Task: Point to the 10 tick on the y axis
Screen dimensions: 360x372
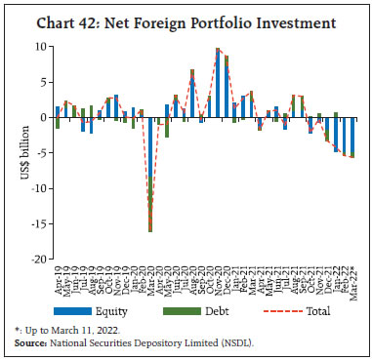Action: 41,47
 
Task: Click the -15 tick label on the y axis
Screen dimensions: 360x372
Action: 39,223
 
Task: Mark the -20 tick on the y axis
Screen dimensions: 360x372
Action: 39,259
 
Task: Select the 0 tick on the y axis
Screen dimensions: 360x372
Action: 44,117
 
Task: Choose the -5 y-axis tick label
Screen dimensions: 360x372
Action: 42,153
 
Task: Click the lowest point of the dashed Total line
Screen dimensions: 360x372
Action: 149,231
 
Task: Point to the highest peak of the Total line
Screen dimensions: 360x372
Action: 218,49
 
